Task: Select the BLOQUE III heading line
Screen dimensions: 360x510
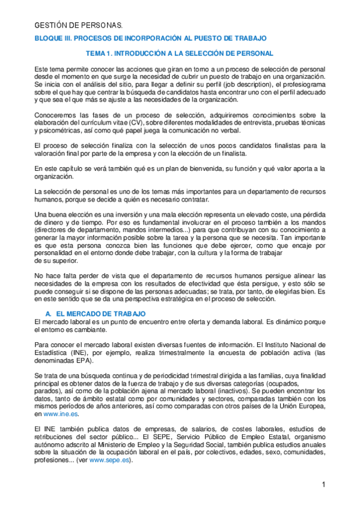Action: pyautogui.click(x=150, y=38)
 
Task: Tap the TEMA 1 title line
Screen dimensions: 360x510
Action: pyautogui.click(x=180, y=54)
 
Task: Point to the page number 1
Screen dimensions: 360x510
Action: pyautogui.click(x=323, y=485)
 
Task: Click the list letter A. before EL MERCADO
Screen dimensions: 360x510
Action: pyautogui.click(x=49, y=314)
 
